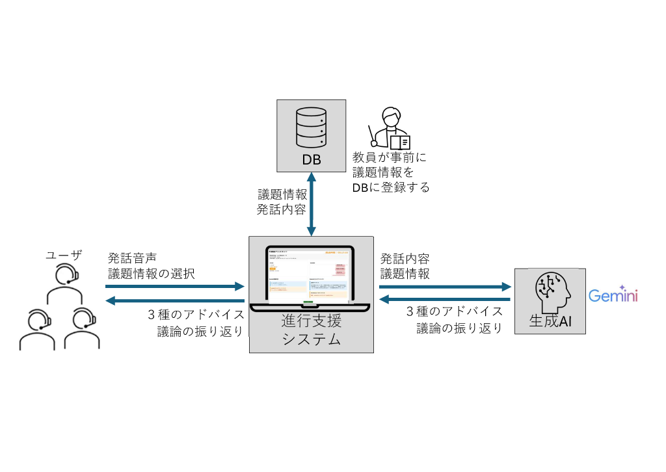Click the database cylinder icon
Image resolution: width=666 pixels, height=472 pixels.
click(310, 127)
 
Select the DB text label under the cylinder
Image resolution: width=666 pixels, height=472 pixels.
click(311, 159)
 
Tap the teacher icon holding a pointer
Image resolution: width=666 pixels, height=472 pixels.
click(390, 129)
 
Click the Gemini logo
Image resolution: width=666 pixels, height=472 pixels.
click(613, 296)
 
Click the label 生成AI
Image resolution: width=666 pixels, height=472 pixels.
click(550, 321)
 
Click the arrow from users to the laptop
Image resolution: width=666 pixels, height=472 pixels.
click(174, 286)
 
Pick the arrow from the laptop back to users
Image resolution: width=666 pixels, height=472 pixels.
click(174, 300)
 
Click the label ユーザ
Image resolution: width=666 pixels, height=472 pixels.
click(64, 256)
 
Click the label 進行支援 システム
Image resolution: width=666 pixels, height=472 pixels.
click(311, 330)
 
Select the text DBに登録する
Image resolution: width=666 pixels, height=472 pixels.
click(391, 187)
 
